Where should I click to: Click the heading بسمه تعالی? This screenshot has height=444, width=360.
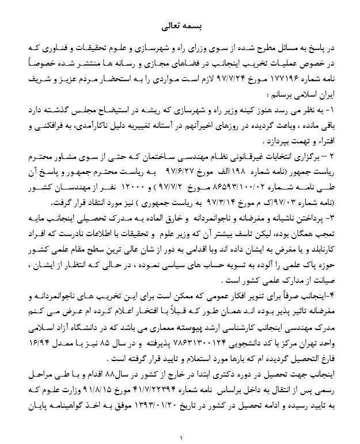pos(180,26)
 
